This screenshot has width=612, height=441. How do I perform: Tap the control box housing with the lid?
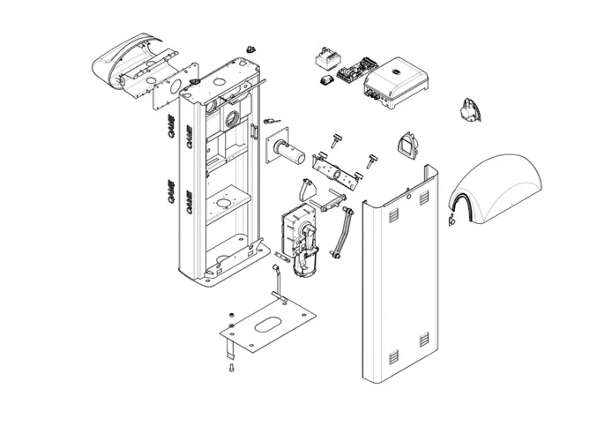(x=395, y=81)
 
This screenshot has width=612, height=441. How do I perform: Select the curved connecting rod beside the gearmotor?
(x=340, y=232)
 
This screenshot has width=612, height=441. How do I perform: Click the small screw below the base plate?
(x=231, y=368)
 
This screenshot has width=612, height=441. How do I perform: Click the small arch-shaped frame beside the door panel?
(x=407, y=146)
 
